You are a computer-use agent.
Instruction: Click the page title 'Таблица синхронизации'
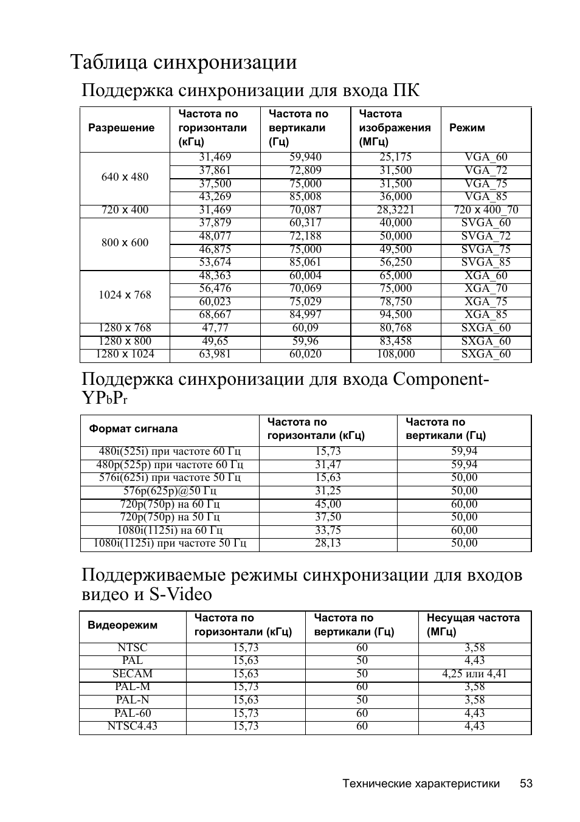point(184,62)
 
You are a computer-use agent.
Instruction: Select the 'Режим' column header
point(467,128)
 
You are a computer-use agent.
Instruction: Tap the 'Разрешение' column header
point(122,128)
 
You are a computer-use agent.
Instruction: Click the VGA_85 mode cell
point(486,196)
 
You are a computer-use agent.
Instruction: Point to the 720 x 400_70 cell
point(486,210)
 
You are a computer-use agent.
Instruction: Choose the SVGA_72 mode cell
point(486,236)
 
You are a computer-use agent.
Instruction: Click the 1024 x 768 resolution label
point(125,295)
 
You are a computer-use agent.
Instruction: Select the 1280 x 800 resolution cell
point(125,341)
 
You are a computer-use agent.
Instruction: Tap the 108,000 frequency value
point(396,354)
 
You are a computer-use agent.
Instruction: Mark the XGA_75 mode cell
point(486,302)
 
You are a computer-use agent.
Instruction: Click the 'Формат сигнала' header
point(134,429)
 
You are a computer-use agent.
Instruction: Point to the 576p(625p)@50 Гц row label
point(170,491)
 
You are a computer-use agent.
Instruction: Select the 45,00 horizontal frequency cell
point(328,504)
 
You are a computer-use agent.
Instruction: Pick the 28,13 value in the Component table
point(328,543)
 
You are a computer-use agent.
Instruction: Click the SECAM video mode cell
point(133,674)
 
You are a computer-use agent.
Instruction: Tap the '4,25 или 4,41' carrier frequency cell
point(474,674)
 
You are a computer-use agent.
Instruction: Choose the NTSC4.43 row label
point(133,726)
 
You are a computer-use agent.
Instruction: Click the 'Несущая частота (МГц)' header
point(473,624)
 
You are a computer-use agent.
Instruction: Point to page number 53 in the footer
point(526,784)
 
